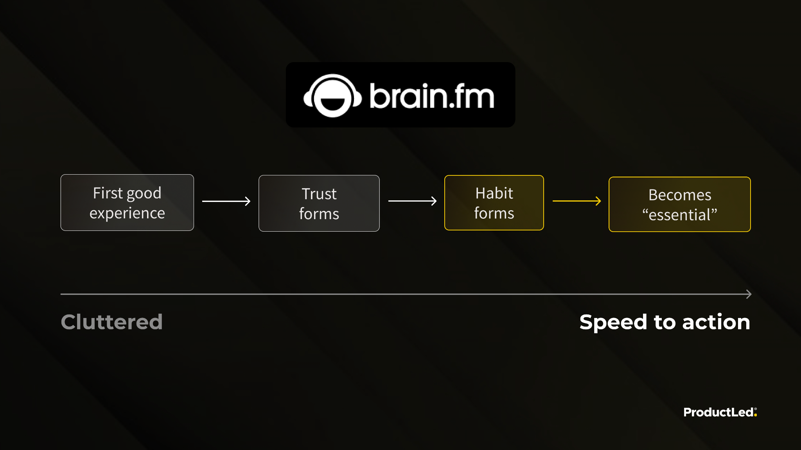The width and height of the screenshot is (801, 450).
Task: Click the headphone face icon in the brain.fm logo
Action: point(332,96)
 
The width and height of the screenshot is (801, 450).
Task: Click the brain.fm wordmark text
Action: point(432,96)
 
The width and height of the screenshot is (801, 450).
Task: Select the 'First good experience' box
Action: point(127,203)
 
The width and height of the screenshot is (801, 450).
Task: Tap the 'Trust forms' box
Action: point(319,204)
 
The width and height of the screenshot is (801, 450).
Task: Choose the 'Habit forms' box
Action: point(494,203)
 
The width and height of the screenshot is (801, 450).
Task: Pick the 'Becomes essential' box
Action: point(679,204)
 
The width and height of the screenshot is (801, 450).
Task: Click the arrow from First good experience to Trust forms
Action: point(226,201)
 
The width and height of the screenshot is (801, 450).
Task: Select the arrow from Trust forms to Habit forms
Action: point(412,201)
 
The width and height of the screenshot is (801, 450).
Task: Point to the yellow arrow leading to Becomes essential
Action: point(577,201)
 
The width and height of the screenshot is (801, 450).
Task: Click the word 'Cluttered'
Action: point(112,322)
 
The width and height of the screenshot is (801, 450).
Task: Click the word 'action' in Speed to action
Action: point(716,322)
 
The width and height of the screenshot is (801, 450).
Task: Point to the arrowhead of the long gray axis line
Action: point(749,294)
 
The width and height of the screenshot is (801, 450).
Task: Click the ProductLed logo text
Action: point(718,412)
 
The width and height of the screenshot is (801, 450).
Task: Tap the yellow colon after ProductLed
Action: point(756,413)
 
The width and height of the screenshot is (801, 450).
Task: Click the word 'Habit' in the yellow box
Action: point(494,193)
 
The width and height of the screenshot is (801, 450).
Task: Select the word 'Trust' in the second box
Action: point(319,194)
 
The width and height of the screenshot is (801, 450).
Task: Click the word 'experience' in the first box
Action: point(127,214)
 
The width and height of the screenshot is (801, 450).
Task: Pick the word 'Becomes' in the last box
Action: point(680,195)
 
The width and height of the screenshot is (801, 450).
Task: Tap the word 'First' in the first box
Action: point(108,193)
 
